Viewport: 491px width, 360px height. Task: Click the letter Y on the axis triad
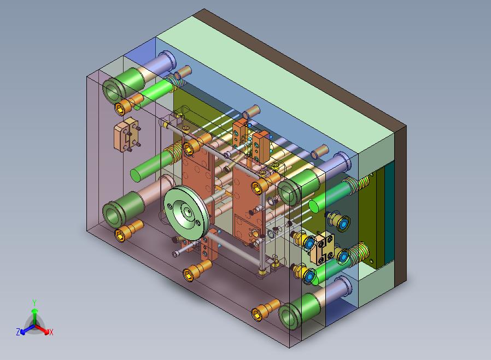pyautogui.click(x=34, y=303)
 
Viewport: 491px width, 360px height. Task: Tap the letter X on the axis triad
pyautogui.click(x=51, y=332)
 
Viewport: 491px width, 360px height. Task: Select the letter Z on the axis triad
pyautogui.click(x=18, y=332)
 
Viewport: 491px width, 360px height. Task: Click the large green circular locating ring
pyautogui.click(x=186, y=213)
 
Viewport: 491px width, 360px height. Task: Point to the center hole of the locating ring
pyautogui.click(x=188, y=212)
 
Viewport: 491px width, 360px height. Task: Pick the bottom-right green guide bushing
pyautogui.click(x=299, y=311)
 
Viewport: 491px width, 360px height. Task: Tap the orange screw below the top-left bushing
pyautogui.click(x=128, y=104)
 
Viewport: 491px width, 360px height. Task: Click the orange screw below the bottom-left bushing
pyautogui.click(x=128, y=230)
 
